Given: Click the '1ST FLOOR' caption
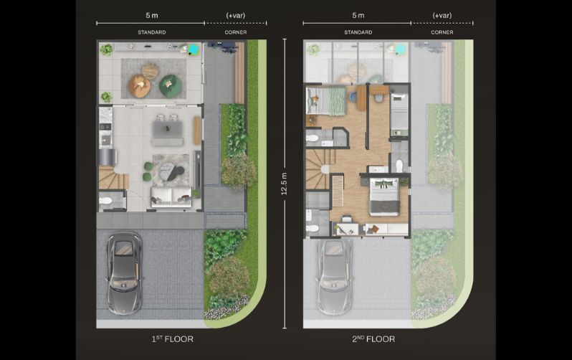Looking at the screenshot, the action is [x=172, y=339].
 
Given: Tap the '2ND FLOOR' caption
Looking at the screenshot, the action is [x=373, y=339].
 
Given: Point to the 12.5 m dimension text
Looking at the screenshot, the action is [x=284, y=184].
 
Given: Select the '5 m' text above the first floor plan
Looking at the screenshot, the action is [x=152, y=15].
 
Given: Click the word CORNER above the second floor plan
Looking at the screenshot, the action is [x=442, y=32].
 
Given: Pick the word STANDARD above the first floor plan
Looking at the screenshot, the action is [x=152, y=32].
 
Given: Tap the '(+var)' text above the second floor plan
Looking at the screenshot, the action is [x=442, y=15].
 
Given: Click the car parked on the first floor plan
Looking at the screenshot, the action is [x=124, y=273].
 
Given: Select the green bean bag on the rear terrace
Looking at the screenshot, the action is [x=171, y=86].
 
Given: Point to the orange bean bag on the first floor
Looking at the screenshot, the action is [x=139, y=86].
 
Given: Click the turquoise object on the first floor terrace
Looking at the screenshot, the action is [x=194, y=49].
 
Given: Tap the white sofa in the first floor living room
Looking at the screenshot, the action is [x=171, y=196].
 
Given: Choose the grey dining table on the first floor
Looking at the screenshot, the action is [x=168, y=129].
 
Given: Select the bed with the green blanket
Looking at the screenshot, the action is [x=325, y=101].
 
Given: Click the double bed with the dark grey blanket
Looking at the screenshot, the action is [x=383, y=196].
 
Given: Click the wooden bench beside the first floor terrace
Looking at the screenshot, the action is [x=239, y=72].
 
